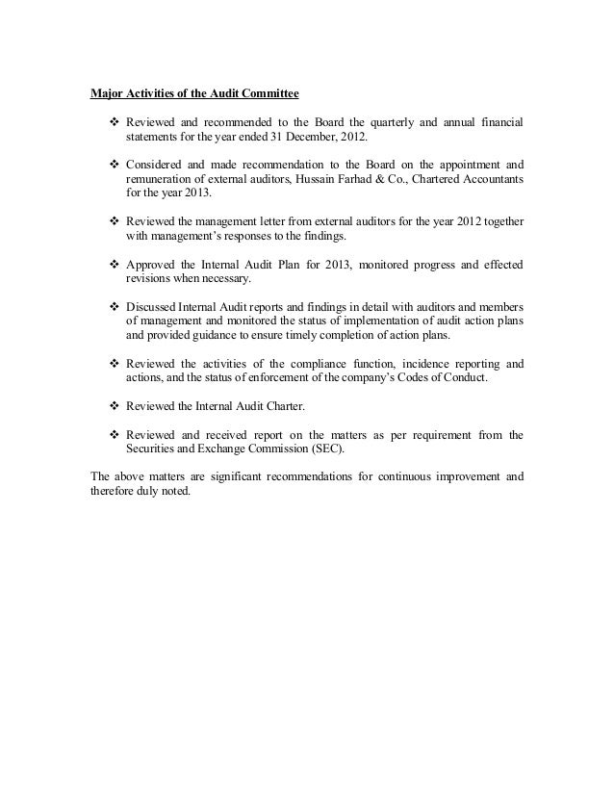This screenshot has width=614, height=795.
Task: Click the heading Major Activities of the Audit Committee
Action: click(194, 94)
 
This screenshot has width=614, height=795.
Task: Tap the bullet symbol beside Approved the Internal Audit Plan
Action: click(114, 264)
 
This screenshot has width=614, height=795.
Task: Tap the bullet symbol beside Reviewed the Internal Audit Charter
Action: click(114, 406)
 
